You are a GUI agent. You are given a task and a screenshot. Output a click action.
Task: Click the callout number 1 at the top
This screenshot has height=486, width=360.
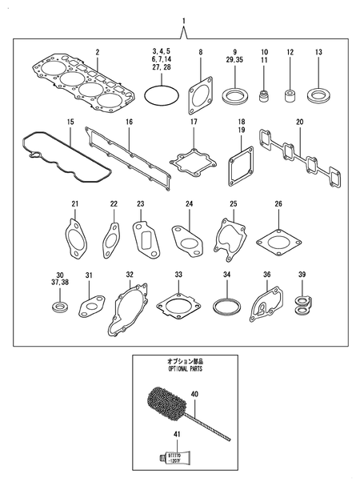pyautogui.click(x=184, y=19)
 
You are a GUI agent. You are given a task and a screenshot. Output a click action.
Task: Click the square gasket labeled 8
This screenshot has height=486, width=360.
pyautogui.click(x=201, y=96)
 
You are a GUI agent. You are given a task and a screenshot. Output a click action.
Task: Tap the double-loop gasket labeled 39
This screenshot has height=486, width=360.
pyautogui.click(x=302, y=303)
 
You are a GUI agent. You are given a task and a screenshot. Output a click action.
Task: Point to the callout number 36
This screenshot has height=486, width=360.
pyautogui.click(x=266, y=275)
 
